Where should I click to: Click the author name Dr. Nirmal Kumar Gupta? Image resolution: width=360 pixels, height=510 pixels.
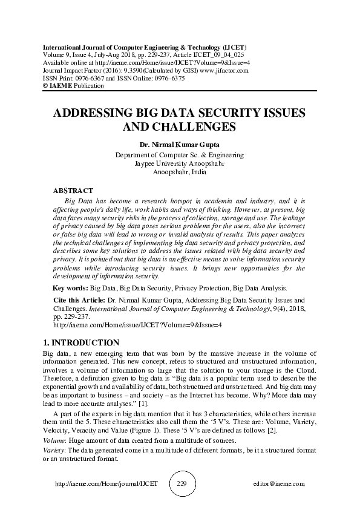pyautogui.click(x=179, y=145)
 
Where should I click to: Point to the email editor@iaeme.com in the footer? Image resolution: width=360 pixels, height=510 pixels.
pyautogui.click(x=280, y=484)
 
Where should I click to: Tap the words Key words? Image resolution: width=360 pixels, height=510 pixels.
pyautogui.click(x=70, y=288)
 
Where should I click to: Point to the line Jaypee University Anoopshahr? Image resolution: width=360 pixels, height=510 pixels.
pyautogui.click(x=179, y=163)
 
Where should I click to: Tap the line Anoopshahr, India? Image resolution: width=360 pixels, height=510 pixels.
pyautogui.click(x=179, y=172)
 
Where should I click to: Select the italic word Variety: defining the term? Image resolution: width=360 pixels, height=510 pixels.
pyautogui.click(x=56, y=451)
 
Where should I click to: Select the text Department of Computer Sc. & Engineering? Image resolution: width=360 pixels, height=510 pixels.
pyautogui.click(x=179, y=155)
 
